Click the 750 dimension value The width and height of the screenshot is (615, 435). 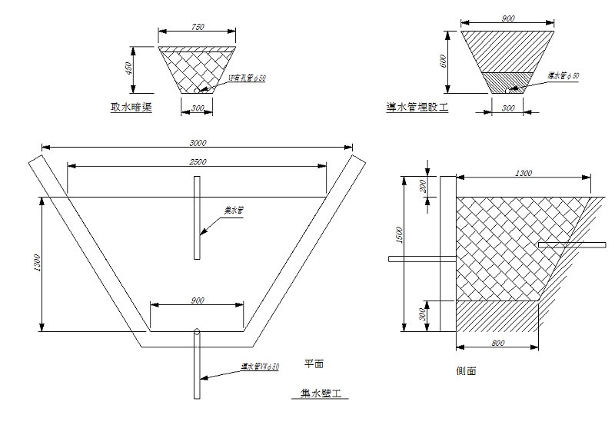[197, 27]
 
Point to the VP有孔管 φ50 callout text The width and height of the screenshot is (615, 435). [247, 78]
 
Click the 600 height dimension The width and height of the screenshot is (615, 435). [444, 61]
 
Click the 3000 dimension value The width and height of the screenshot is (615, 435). [197, 142]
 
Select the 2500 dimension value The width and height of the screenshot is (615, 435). [197, 161]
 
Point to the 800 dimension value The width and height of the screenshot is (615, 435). [497, 344]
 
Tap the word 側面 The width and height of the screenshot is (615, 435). [466, 370]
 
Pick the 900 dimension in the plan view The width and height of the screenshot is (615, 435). [197, 301]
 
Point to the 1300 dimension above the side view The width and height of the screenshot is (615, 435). [524, 174]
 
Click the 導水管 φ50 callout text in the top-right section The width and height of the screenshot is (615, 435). [563, 75]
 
